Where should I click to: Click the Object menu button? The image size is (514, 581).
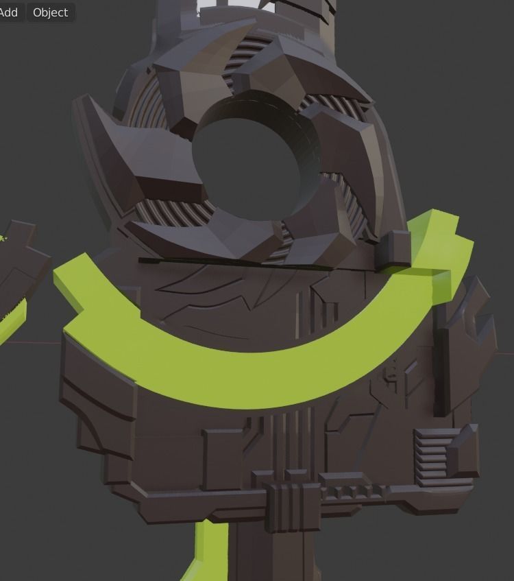[x=50, y=12]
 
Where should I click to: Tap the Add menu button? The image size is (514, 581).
[x=9, y=12]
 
